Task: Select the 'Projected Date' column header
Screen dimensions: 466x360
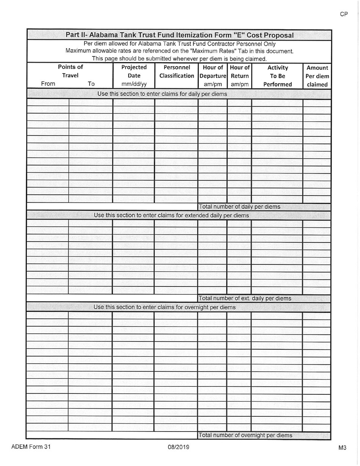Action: (134, 72)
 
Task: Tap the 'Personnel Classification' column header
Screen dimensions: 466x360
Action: (176, 72)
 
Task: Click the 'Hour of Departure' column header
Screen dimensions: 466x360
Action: (213, 72)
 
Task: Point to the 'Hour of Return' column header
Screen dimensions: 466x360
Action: (239, 72)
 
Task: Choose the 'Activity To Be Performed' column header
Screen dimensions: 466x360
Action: (277, 76)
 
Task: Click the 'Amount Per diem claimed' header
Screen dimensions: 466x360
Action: (317, 76)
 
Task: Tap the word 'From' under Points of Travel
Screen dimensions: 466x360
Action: (48, 84)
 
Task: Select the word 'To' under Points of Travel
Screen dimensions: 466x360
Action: (91, 84)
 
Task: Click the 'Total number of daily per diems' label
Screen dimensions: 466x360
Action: (239, 207)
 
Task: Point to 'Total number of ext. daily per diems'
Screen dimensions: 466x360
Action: (245, 299)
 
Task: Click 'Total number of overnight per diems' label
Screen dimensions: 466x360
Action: (245, 435)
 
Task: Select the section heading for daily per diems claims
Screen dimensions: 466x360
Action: (162, 94)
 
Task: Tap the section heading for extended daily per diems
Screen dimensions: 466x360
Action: (171, 215)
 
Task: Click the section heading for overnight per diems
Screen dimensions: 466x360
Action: (164, 307)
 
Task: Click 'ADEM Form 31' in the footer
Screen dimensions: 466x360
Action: (31, 447)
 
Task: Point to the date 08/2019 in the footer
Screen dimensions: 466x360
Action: (178, 447)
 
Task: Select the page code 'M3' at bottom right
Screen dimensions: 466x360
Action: (342, 448)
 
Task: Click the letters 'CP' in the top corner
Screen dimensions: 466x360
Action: (344, 14)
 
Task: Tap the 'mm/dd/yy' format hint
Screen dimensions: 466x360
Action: (134, 84)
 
